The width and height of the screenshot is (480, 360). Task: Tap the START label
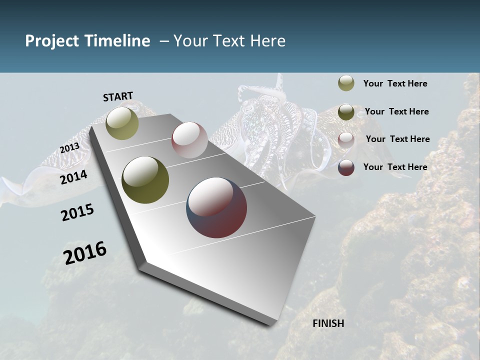point(118,96)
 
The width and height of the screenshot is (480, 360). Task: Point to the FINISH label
point(328,323)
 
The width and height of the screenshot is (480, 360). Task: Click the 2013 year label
point(69,148)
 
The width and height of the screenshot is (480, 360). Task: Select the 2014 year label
point(74,177)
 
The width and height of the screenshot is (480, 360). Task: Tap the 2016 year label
point(85,253)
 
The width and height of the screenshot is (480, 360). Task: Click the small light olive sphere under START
point(122,123)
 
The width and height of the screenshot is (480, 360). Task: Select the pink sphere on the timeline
point(189,140)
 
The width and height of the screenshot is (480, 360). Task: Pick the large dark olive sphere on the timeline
point(145,180)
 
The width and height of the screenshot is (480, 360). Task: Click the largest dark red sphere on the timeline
point(216,207)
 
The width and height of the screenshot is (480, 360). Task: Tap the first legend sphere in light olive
point(346,83)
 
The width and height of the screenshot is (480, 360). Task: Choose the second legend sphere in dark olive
point(346,112)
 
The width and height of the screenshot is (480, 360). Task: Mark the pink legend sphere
point(346,140)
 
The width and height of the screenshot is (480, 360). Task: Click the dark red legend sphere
point(346,168)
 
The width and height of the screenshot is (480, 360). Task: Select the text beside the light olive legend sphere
point(395,84)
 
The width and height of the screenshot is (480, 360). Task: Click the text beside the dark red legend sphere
point(395,167)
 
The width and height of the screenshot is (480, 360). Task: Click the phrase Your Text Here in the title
point(229,41)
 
